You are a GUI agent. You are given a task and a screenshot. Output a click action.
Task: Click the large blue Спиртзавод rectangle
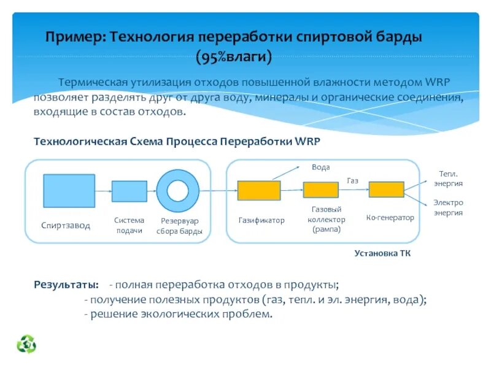click(69, 191)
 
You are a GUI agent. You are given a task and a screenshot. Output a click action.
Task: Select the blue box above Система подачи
click(129, 191)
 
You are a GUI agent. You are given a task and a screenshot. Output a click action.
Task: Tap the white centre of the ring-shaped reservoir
click(177, 191)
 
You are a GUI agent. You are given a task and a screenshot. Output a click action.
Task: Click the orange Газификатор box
click(259, 191)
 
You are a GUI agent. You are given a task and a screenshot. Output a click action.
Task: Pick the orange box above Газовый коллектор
click(320, 190)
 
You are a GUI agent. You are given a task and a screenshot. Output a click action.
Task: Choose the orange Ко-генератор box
click(386, 190)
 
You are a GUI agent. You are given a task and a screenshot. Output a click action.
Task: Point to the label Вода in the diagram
click(320, 167)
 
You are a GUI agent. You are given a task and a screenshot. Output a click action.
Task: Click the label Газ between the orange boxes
click(352, 180)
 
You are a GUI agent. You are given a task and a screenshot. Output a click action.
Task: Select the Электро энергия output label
click(448, 207)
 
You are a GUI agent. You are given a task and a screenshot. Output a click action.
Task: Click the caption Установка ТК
click(382, 253)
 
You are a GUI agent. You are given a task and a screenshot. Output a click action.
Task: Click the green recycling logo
click(26, 344)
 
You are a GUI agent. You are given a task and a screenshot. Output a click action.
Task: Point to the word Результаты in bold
click(66, 285)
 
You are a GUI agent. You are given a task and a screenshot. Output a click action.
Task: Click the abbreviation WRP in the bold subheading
click(307, 140)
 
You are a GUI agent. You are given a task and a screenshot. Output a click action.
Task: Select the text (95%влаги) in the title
click(233, 58)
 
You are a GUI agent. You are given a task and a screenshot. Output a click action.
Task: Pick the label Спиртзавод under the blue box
click(66, 226)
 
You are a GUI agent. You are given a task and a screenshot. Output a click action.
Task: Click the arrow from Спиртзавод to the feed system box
click(103, 191)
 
